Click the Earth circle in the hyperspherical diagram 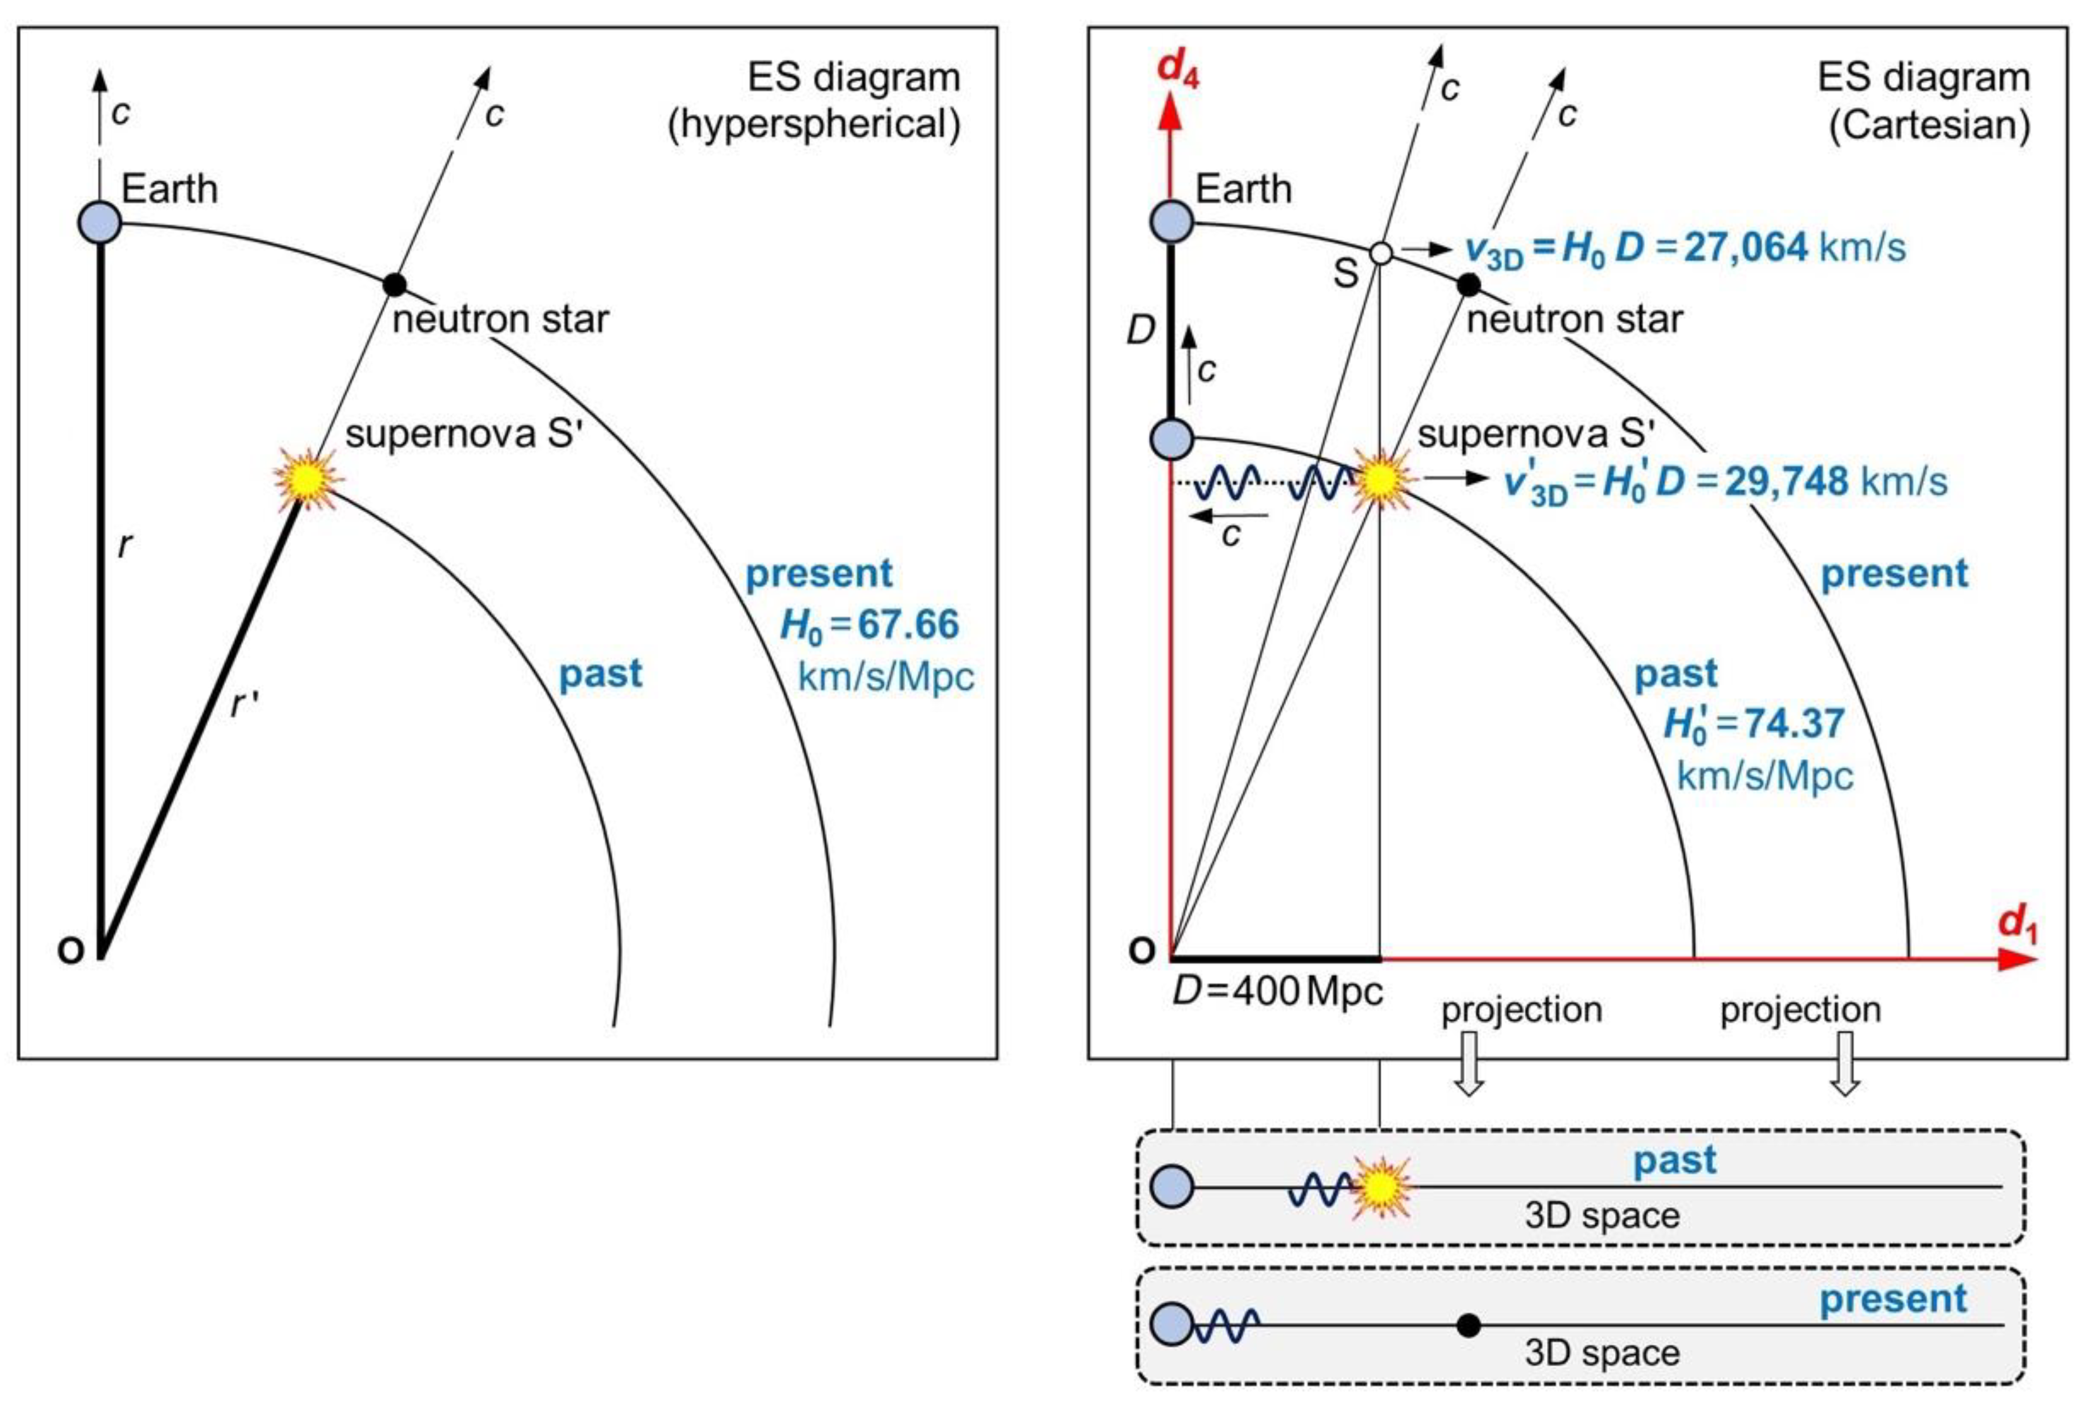pos(100,222)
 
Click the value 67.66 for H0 pos(908,624)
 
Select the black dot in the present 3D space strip pos(1468,1325)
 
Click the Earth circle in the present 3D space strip pos(1172,1325)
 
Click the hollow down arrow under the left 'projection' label pos(1468,1064)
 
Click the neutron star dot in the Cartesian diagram pos(1468,285)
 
